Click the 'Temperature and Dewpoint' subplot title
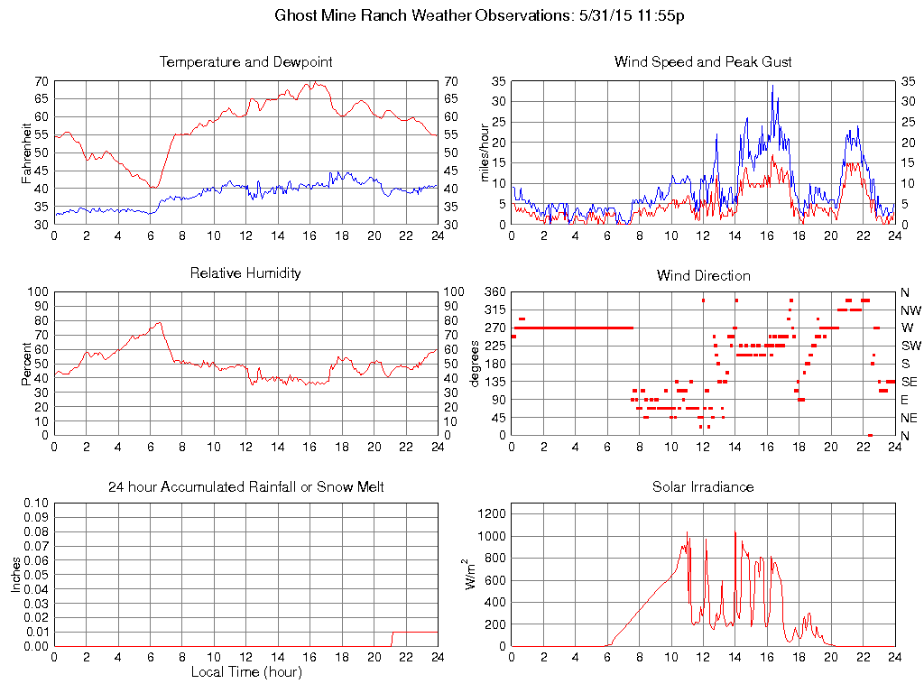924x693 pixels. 245,62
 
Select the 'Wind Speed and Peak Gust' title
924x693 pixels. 703,62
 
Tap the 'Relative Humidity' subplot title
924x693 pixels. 245,273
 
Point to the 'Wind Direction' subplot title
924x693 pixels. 703,275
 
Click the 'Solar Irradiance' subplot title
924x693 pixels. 703,487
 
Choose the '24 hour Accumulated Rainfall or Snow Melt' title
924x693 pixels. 245,487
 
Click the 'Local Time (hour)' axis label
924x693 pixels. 245,672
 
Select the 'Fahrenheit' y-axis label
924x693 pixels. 27,152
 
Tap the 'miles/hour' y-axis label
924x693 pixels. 485,152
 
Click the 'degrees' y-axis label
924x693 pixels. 475,364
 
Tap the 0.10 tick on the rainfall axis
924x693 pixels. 37,503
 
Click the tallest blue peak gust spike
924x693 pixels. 772,86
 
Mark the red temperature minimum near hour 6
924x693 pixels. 155,188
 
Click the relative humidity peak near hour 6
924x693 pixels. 160,322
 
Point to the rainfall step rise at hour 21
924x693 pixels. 392,638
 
